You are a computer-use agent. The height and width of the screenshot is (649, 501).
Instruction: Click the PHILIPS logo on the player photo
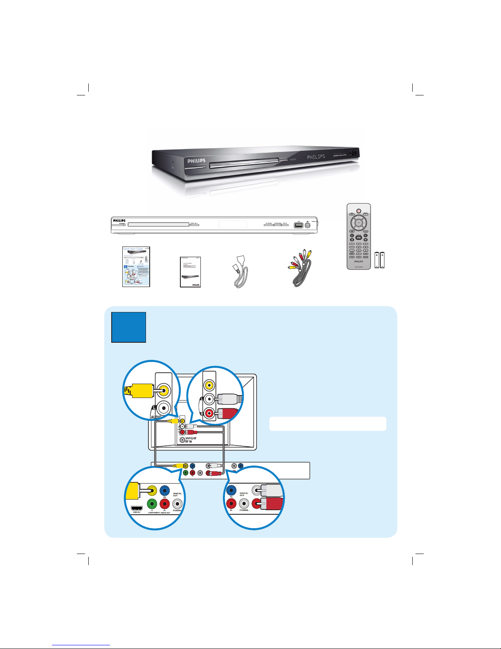point(196,161)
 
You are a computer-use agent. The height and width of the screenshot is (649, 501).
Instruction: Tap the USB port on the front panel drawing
point(298,225)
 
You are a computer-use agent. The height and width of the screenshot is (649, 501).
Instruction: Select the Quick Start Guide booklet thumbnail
point(136,267)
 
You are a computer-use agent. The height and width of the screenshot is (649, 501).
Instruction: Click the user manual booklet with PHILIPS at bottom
point(191,272)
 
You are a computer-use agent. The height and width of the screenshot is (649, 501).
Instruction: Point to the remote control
point(359,236)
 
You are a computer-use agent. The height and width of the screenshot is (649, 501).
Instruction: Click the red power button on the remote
point(359,211)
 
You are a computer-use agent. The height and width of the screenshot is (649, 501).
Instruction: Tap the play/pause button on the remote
point(359,237)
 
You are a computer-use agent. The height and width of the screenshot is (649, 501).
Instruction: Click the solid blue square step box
point(129,327)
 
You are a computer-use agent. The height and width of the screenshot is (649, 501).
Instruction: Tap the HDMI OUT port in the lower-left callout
point(137,509)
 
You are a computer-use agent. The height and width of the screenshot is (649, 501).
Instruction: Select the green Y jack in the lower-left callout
point(152,503)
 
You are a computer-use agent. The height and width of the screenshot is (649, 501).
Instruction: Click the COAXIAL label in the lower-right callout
point(244,510)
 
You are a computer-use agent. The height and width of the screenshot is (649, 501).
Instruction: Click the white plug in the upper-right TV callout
point(229,399)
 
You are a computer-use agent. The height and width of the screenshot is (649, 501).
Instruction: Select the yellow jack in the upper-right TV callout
point(209,385)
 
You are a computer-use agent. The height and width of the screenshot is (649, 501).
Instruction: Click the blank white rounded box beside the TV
point(328,424)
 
